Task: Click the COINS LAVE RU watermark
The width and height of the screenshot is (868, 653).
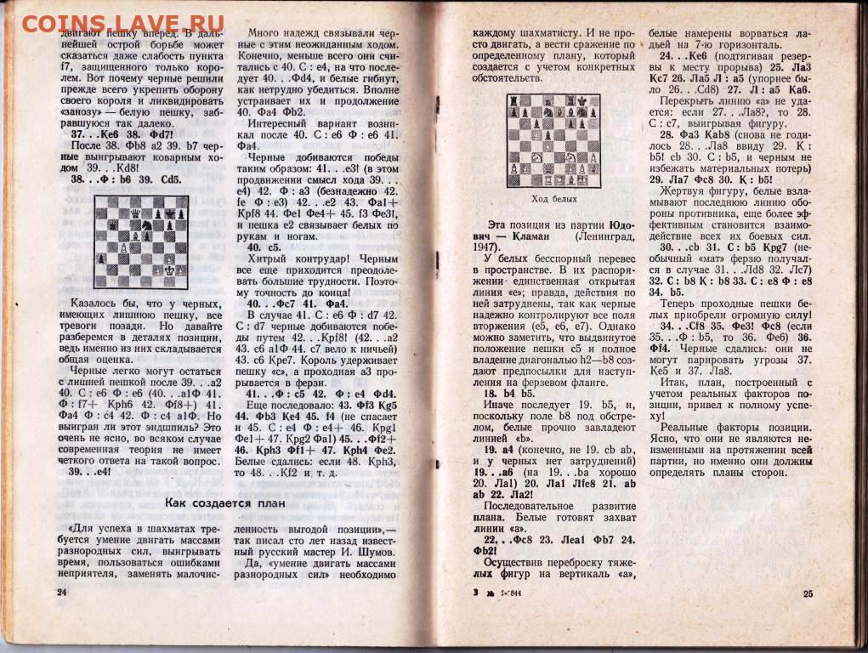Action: click(122, 23)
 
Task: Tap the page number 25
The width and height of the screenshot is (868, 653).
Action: click(808, 593)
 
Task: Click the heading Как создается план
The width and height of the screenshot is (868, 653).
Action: click(224, 502)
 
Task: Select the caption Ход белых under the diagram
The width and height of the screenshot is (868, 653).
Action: click(553, 199)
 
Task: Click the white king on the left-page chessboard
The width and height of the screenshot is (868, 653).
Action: click(169, 270)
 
